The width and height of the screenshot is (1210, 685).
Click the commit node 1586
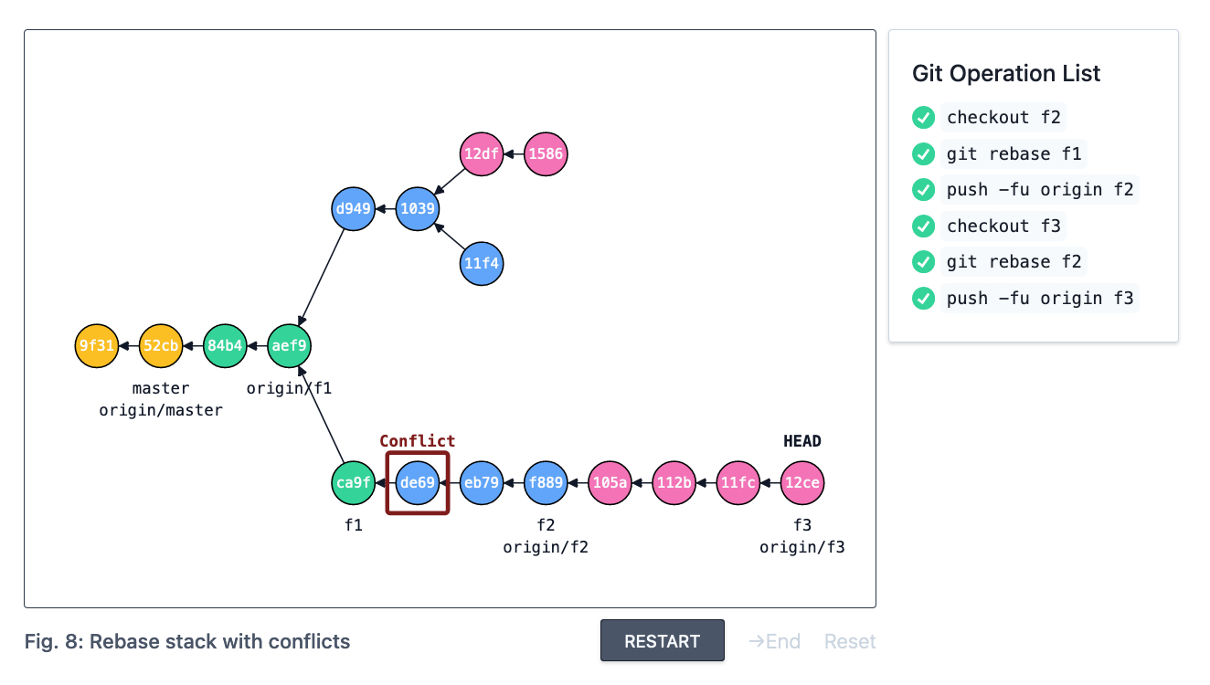tap(546, 154)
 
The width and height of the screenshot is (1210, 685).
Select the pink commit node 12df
tap(482, 154)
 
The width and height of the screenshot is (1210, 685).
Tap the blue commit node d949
tap(354, 209)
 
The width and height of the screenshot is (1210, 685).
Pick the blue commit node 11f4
tap(482, 264)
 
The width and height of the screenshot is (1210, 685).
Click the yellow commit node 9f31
tap(96, 346)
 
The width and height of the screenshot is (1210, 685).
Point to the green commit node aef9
tap(290, 346)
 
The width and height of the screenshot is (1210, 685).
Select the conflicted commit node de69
tap(418, 483)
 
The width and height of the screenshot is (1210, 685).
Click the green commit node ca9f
tap(353, 483)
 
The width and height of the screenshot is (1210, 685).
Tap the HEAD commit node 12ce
tap(802, 483)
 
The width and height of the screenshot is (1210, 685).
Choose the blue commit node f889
tap(546, 483)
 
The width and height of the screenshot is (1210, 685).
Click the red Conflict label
tap(417, 441)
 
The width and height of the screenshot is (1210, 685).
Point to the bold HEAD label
tap(802, 441)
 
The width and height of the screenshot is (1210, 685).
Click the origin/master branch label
tap(161, 411)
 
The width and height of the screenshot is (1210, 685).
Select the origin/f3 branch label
tap(802, 548)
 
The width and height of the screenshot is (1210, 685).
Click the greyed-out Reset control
tap(850, 641)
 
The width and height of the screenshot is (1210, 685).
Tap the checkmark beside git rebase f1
tap(923, 153)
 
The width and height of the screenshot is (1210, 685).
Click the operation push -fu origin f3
tap(1040, 298)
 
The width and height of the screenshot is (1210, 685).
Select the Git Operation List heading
tap(1006, 74)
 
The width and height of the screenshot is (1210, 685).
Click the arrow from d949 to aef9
tap(323, 275)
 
